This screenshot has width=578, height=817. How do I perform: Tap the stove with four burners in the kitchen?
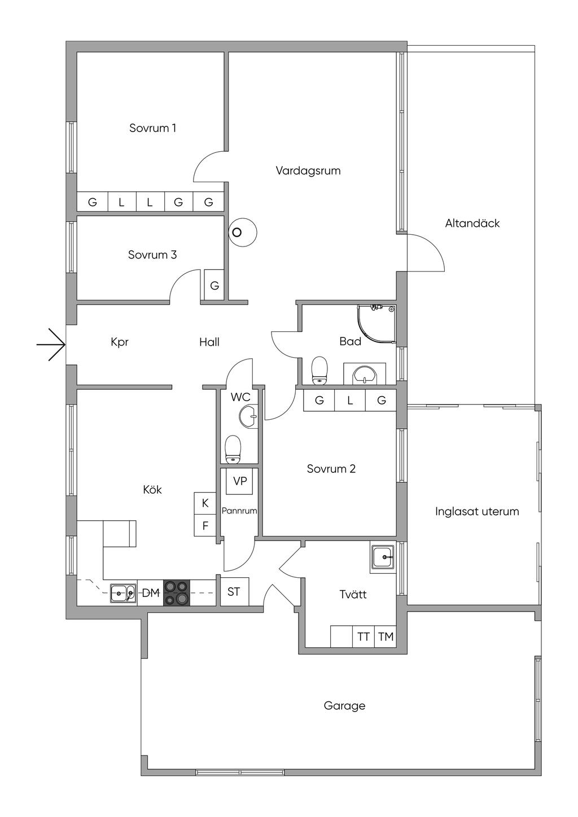click(177, 593)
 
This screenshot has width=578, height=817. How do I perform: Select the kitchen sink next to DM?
click(123, 593)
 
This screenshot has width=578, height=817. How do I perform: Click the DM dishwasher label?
click(150, 593)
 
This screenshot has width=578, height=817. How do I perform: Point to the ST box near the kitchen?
click(234, 592)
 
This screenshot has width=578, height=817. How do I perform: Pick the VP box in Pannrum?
click(240, 481)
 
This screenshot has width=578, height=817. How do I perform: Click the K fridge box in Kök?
click(205, 503)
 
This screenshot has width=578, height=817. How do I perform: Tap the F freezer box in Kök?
click(205, 526)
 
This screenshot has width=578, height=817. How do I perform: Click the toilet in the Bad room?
click(320, 370)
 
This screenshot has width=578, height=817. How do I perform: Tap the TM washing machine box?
click(386, 637)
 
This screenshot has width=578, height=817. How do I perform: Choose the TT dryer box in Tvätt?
click(364, 637)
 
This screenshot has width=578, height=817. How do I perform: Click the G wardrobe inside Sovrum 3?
click(214, 285)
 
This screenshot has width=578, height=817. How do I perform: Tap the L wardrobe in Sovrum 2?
click(350, 401)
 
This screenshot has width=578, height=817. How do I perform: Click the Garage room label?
click(344, 705)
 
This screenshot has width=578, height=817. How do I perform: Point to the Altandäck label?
click(472, 223)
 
